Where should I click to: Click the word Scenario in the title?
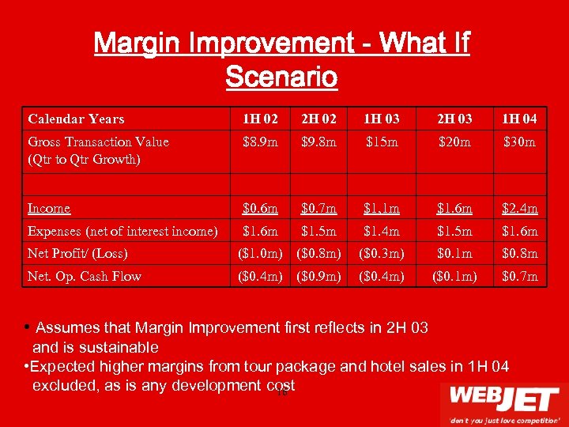281,77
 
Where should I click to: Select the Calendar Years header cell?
76,119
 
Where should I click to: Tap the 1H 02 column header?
260,119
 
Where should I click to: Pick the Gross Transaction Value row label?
98,142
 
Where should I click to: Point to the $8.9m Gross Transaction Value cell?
260,142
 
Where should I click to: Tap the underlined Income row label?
49,209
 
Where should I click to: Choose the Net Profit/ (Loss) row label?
77,254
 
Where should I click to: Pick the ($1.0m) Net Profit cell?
260,254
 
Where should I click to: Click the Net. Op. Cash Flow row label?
84,276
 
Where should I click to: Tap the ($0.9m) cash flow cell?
318,276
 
